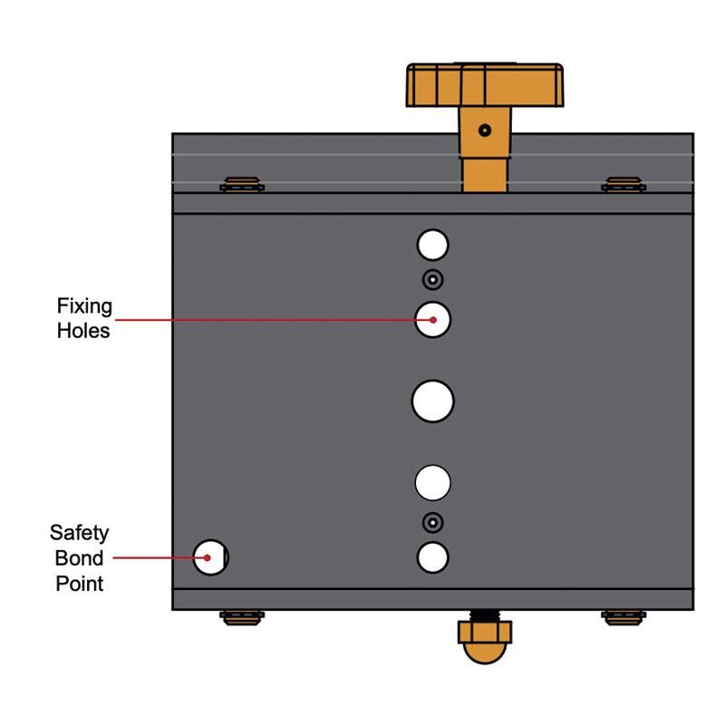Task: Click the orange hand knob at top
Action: coord(485,85)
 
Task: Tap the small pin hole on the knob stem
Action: coord(485,130)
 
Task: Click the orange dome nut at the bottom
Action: coord(485,642)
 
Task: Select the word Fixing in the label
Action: coord(84,306)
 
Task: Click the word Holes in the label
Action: coord(83,331)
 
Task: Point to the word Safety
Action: coord(79,533)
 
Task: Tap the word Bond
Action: coord(79,558)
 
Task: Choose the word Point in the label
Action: coord(80,584)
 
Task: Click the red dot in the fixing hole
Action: coord(433,320)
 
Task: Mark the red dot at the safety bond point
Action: coord(208,557)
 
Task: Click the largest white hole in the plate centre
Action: coord(433,401)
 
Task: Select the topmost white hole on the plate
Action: coord(433,245)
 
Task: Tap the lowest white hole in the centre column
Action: coord(433,557)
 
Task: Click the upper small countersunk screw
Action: coord(433,280)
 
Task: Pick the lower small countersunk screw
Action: coord(433,523)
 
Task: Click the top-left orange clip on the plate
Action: coord(242,185)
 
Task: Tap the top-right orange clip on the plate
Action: coord(623,185)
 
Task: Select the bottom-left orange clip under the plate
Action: coord(242,618)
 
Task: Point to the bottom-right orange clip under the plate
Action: coord(623,618)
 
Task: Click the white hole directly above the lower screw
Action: coord(433,483)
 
